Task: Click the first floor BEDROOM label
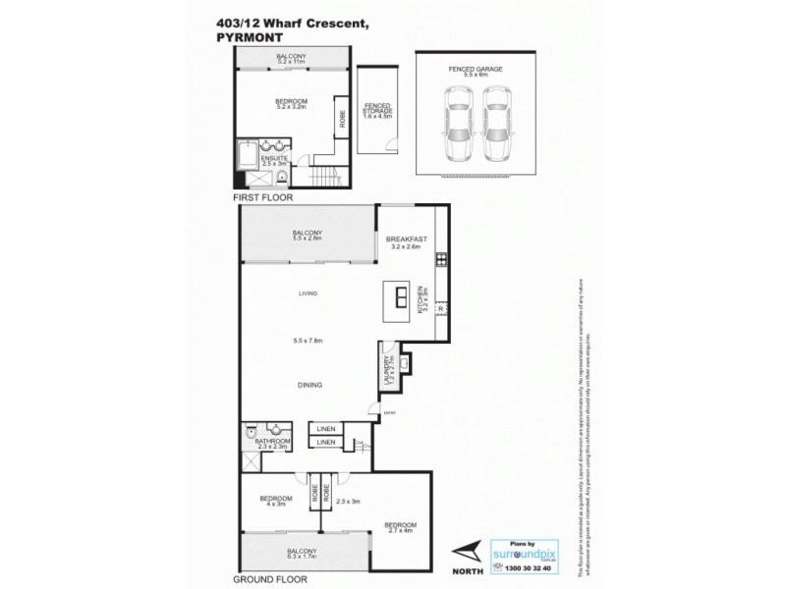click(291, 101)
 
